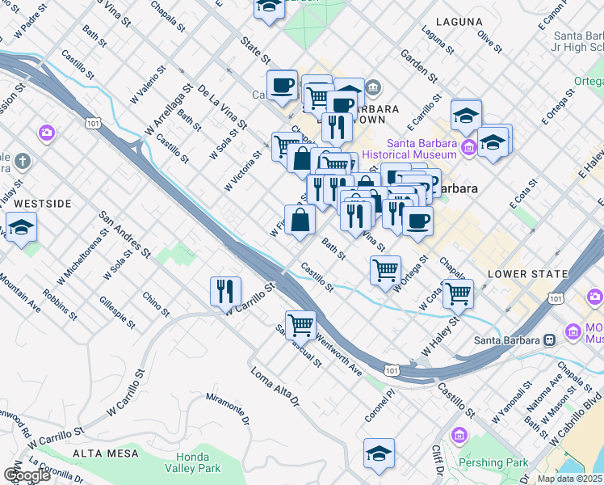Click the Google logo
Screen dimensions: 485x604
pyautogui.click(x=27, y=475)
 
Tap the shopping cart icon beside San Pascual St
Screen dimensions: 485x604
pyautogui.click(x=300, y=325)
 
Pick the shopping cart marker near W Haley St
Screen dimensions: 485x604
pyautogui.click(x=458, y=293)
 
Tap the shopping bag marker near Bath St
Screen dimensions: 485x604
pyautogui.click(x=300, y=220)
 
